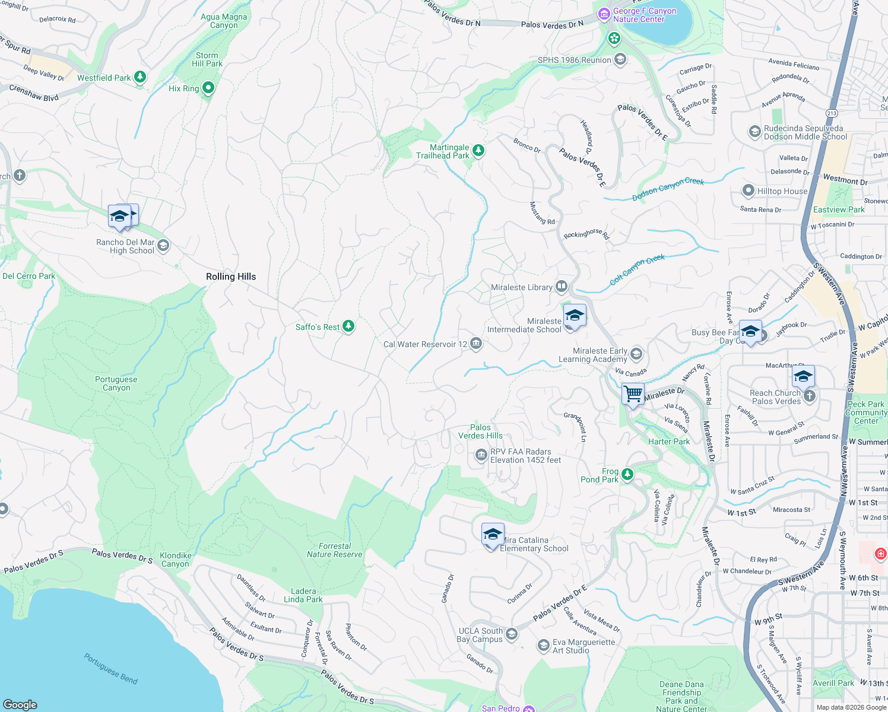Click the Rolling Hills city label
click(x=231, y=276)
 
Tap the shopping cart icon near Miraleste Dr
click(x=633, y=394)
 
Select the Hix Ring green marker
click(x=208, y=88)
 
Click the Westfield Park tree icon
click(x=140, y=77)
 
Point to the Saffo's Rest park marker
click(x=348, y=326)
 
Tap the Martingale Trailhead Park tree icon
click(x=478, y=151)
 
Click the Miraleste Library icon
click(x=561, y=287)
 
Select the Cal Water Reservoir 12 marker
click(x=475, y=344)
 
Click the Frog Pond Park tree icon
click(x=627, y=475)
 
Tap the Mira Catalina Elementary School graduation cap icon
click(x=493, y=535)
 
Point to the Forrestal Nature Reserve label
click(x=334, y=550)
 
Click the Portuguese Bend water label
click(x=110, y=669)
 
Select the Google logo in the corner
click(x=20, y=704)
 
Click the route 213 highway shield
click(x=832, y=113)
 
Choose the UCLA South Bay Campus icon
click(x=511, y=634)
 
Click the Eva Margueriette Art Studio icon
click(x=543, y=646)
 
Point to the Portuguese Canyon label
click(x=116, y=383)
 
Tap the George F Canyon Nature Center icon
click(x=604, y=14)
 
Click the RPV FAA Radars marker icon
click(x=481, y=455)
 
